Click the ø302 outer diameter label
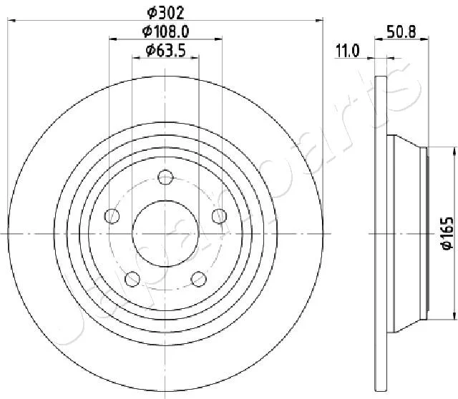point(165,13)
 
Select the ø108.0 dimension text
point(165,31)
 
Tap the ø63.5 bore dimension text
point(165,51)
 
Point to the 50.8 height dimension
point(401,31)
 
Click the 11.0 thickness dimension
point(347,51)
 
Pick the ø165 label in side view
point(447,234)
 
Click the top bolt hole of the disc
point(165,177)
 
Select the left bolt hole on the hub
point(112,216)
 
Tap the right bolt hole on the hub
point(219,216)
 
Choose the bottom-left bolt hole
point(132,279)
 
